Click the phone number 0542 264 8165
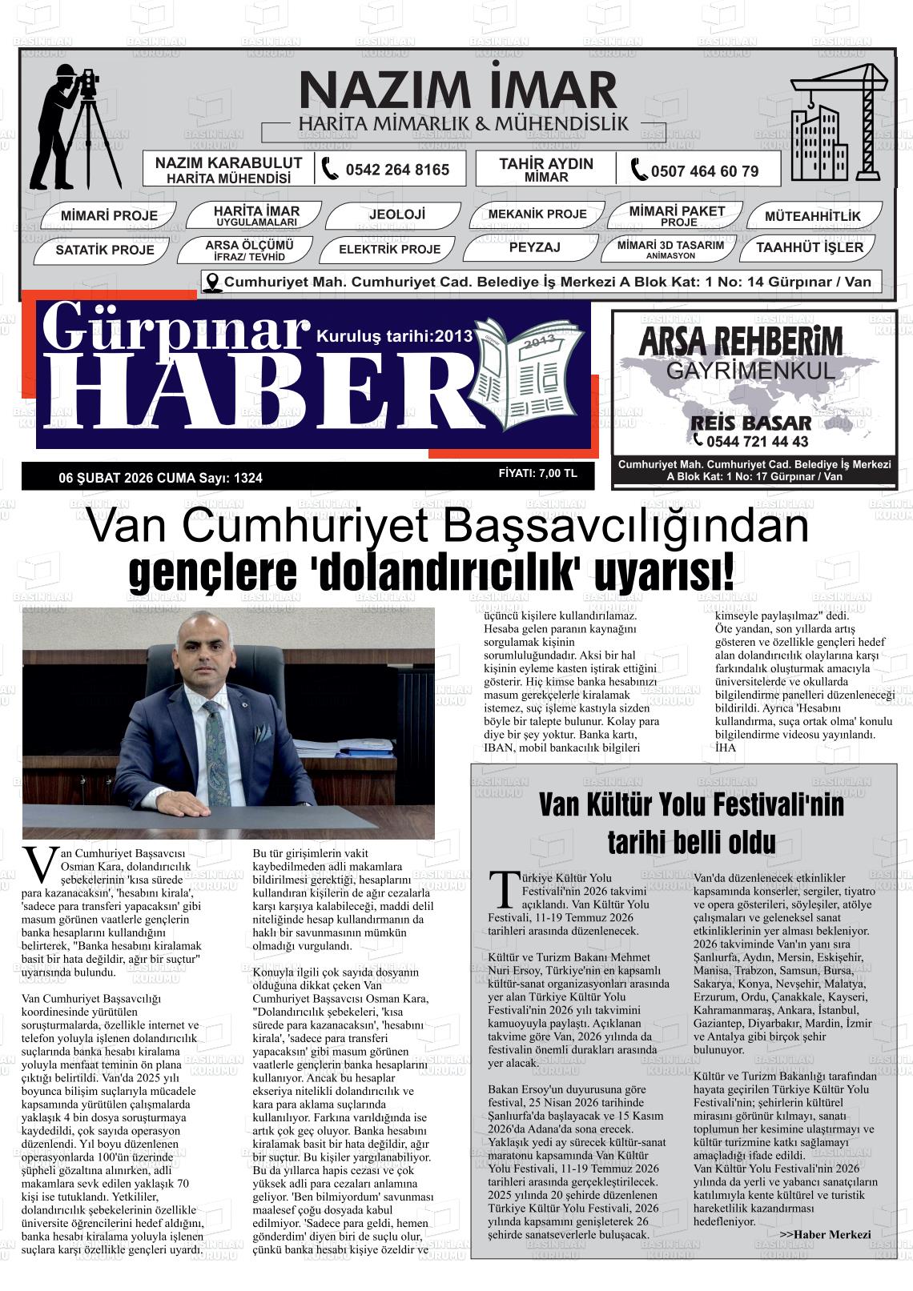point(396,170)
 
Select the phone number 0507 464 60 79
point(704,170)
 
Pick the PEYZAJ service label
point(534,247)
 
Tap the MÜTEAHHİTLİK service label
point(812,216)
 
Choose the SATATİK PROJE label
point(105,250)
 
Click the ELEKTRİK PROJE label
point(389,249)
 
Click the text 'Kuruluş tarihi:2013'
point(396,335)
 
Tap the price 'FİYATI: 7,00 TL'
point(537,473)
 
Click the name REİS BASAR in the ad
point(750,423)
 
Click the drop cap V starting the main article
point(38,863)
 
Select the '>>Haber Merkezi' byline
point(824,1234)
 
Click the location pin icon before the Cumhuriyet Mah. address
point(212,282)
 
